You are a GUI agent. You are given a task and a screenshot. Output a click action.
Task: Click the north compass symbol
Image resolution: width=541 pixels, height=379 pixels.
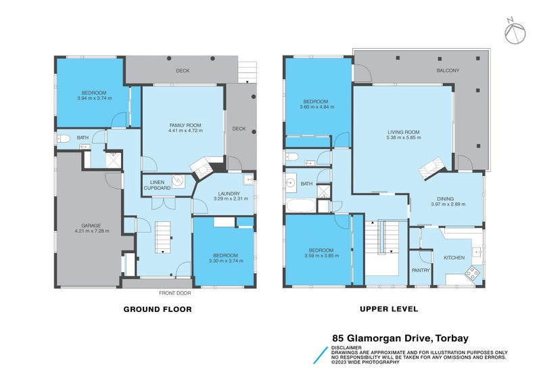coord(516,30)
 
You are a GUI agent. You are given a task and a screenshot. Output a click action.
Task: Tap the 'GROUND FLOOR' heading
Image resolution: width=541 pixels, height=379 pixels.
coord(158,309)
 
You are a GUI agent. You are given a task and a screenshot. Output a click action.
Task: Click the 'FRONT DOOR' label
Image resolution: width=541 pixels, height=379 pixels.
coord(175,292)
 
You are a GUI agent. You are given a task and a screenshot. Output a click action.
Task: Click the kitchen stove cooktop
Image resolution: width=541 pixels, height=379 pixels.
coord(471,272)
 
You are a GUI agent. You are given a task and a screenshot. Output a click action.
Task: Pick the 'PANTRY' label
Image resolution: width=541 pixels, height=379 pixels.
coord(421,271)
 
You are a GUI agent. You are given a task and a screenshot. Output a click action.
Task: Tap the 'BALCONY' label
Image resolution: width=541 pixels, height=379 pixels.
coord(447,70)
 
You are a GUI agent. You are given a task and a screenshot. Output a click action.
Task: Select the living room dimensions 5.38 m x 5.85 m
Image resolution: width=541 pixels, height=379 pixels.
coord(404,137)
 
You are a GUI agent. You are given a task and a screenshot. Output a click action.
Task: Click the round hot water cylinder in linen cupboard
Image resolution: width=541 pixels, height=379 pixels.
coord(177,181)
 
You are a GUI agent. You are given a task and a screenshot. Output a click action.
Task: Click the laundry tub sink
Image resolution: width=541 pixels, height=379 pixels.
coord(248,181)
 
